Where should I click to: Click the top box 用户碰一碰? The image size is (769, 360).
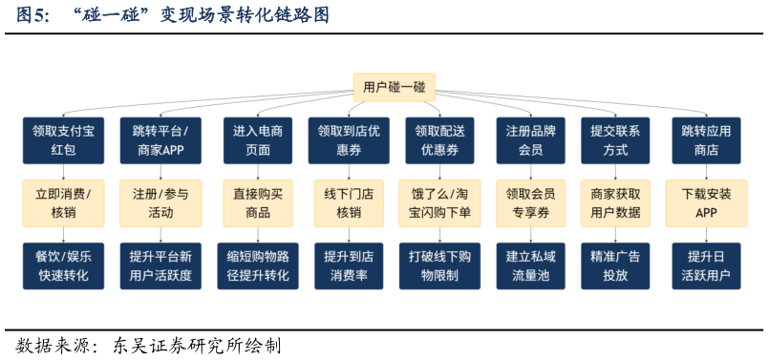click(x=394, y=88)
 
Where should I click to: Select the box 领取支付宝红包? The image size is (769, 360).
click(x=63, y=140)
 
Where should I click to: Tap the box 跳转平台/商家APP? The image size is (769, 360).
click(x=160, y=140)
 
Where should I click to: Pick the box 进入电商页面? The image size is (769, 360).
click(x=257, y=140)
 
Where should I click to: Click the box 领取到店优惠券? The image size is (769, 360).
click(x=348, y=140)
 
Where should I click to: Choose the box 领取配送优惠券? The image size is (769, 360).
click(x=439, y=140)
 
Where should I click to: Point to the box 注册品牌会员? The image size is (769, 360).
click(x=530, y=140)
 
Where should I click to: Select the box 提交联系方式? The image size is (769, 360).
click(x=615, y=140)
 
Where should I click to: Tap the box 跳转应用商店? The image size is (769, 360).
click(x=706, y=140)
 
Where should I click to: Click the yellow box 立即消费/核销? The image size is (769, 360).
click(x=63, y=202)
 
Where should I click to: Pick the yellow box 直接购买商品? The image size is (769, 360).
click(x=257, y=202)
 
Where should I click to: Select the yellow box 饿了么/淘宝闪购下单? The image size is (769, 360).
click(x=439, y=202)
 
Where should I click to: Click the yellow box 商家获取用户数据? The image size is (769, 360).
click(x=615, y=202)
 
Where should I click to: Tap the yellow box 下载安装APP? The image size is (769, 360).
click(x=706, y=202)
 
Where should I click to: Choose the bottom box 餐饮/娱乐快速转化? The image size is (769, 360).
click(x=63, y=265)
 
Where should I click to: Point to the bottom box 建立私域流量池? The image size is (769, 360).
click(x=530, y=265)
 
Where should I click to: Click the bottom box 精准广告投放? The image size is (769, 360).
click(x=615, y=265)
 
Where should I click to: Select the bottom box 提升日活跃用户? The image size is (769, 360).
click(x=706, y=265)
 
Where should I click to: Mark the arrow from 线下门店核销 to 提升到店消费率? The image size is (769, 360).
click(x=348, y=234)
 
